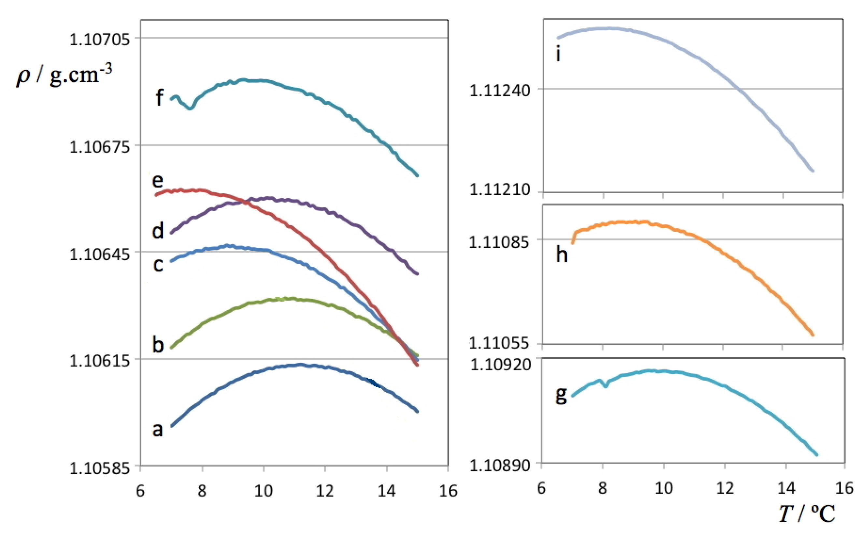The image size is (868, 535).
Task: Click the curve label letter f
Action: click(x=160, y=97)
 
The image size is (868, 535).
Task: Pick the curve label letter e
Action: click(x=158, y=181)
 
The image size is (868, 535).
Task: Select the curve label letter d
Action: click(x=158, y=231)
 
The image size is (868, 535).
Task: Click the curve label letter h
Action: click(x=562, y=255)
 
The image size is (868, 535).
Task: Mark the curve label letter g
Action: click(x=561, y=395)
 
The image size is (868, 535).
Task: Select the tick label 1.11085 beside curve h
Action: click(x=499, y=242)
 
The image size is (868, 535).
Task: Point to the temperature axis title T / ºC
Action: click(x=807, y=514)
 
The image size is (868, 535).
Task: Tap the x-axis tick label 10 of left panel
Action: click(x=263, y=491)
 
